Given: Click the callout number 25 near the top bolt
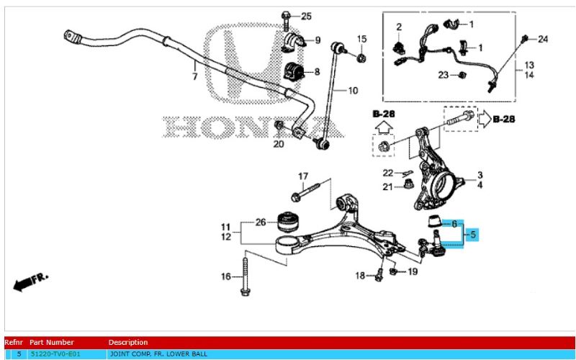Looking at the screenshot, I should [x=306, y=16].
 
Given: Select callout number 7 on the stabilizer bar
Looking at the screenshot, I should [x=194, y=75].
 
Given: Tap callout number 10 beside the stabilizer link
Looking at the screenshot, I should [x=353, y=91].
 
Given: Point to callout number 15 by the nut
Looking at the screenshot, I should [x=362, y=38].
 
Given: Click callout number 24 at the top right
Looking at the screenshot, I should [x=543, y=38].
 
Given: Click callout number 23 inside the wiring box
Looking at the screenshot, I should [x=444, y=75].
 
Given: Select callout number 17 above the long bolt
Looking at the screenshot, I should [x=303, y=176].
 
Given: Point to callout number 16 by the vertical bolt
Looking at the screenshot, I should [x=226, y=276].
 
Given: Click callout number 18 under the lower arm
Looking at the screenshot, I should [x=360, y=276].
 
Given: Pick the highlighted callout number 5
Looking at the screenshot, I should [x=473, y=234].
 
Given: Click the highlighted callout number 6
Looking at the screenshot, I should [x=454, y=224].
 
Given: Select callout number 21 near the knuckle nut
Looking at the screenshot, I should [x=387, y=187].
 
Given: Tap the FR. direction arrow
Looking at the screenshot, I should [x=29, y=281].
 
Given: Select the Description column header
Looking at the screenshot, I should [x=128, y=342].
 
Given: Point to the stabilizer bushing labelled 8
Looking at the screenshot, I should [x=294, y=71].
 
